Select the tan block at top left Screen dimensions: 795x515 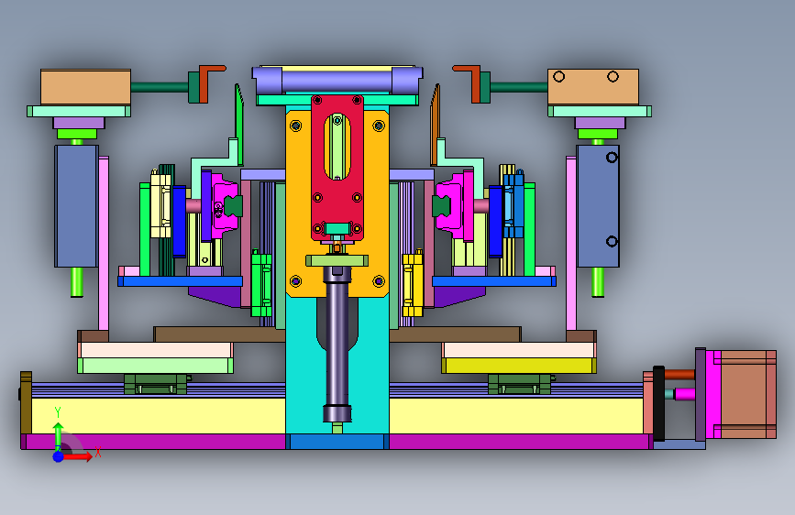(x=85, y=87)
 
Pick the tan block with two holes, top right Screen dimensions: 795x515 (x=592, y=87)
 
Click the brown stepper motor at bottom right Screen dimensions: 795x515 (x=748, y=394)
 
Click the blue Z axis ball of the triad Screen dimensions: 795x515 (x=58, y=456)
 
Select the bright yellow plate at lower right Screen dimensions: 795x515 (x=519, y=366)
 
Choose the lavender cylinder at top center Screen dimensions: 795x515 (x=337, y=80)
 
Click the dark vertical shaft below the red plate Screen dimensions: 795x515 (x=337, y=345)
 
